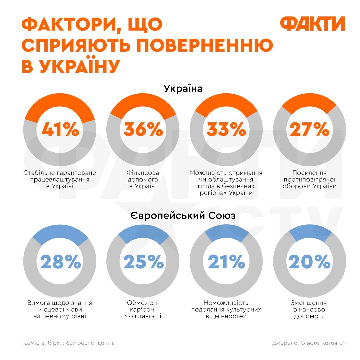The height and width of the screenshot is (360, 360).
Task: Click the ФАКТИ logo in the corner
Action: [x=312, y=24]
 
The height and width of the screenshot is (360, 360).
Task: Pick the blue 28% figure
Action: [x=60, y=262]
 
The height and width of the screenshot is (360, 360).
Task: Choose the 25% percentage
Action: [x=143, y=262]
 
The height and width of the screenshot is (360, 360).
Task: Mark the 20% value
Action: [x=309, y=262]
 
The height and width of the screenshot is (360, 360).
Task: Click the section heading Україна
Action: [x=183, y=89]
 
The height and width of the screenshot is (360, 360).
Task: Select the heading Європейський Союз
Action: [x=183, y=216]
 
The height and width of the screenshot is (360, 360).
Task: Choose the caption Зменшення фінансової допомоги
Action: [x=309, y=309]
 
